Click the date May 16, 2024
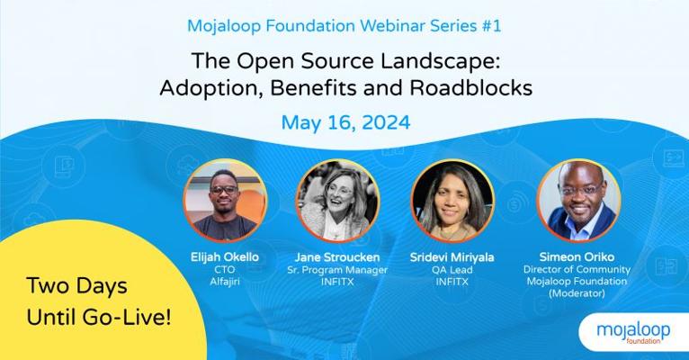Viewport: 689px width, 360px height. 345,122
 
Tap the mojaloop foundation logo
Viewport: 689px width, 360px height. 633,333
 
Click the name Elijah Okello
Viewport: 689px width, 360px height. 225,257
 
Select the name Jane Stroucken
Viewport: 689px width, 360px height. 337,257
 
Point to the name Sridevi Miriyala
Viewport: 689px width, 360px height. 452,257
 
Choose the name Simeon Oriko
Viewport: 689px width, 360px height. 577,256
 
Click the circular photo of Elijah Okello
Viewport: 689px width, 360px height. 225,201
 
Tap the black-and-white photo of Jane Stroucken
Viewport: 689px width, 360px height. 337,201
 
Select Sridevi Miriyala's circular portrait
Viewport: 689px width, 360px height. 452,201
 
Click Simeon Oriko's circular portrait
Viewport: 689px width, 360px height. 578,201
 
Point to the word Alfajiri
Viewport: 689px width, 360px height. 225,282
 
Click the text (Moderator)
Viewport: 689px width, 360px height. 577,293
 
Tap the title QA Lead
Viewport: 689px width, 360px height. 452,269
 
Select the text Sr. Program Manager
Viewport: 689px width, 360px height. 337,269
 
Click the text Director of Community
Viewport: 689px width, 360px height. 577,269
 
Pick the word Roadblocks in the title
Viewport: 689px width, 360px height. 471,88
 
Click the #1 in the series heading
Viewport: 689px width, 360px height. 491,26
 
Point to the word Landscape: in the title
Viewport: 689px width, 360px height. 441,61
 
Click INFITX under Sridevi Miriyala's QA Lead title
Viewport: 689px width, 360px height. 452,282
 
